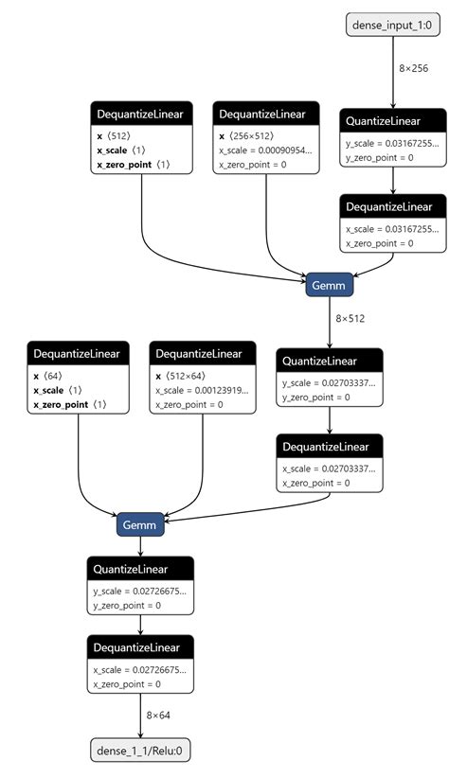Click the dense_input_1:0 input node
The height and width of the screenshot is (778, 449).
pos(392,26)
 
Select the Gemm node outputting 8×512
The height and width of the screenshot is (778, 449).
pos(331,284)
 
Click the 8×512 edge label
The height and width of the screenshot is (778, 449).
pos(350,318)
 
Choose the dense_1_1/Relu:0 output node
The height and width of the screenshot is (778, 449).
pos(141,751)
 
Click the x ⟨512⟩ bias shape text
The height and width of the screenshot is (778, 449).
pos(114,135)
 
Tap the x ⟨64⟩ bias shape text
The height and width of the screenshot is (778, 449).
pos(49,376)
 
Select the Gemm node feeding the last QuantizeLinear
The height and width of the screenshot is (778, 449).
pos(141,524)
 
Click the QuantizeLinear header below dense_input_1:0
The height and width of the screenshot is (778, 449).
pos(392,120)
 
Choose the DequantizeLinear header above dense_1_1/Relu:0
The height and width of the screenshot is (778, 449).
pos(141,647)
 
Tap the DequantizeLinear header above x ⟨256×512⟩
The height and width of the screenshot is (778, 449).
pos(262,114)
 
